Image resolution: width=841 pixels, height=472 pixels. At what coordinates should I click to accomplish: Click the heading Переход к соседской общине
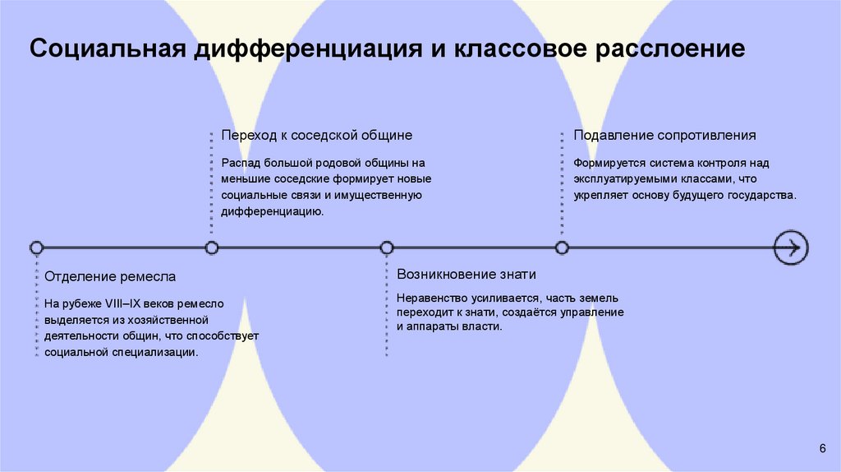316,135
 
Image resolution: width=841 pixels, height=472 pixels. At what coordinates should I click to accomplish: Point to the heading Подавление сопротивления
664,135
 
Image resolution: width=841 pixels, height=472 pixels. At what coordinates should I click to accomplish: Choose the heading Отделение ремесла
110,276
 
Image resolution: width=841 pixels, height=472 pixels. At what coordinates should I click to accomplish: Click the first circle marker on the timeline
36,247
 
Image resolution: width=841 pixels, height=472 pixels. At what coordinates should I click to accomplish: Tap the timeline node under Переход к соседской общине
212,247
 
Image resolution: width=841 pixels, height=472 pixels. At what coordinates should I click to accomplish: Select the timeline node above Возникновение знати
387,247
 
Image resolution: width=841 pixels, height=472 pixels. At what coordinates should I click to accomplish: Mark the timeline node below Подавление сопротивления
562,247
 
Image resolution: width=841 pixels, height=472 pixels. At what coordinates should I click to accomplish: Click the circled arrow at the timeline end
791,247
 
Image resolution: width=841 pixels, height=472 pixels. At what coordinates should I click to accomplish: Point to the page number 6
822,447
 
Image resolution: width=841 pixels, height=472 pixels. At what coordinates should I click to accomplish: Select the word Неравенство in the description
428,298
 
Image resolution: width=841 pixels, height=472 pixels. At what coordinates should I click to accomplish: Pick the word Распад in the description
239,163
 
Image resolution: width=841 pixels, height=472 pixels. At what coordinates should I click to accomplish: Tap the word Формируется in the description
604,163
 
